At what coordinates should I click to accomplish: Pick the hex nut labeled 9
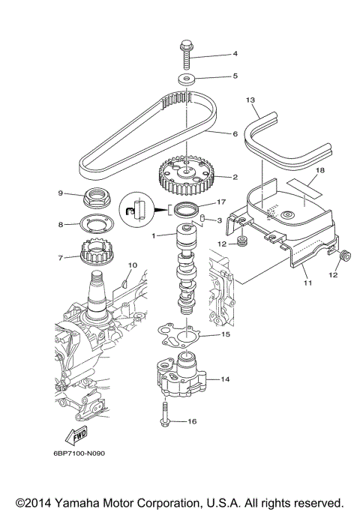pos(97,199)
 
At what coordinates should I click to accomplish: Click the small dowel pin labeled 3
pos(202,218)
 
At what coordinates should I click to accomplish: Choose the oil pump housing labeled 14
pos(179,375)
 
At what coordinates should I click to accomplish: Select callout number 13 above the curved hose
pos(250,99)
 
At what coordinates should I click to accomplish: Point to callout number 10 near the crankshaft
pos(132,265)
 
